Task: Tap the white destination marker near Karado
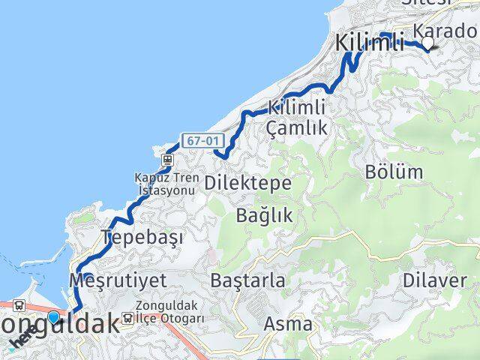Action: pos(427,44)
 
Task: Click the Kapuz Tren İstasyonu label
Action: pos(165,184)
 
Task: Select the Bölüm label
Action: pos(394,171)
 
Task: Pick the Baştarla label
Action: pos(247,281)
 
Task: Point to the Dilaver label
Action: pos(445,281)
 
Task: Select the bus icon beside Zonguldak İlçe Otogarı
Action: pos(127,319)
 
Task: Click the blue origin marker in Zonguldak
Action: pos(53,317)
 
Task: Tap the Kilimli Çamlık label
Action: pos(297,118)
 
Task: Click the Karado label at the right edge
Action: pos(445,32)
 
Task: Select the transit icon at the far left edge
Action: pos(17,306)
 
